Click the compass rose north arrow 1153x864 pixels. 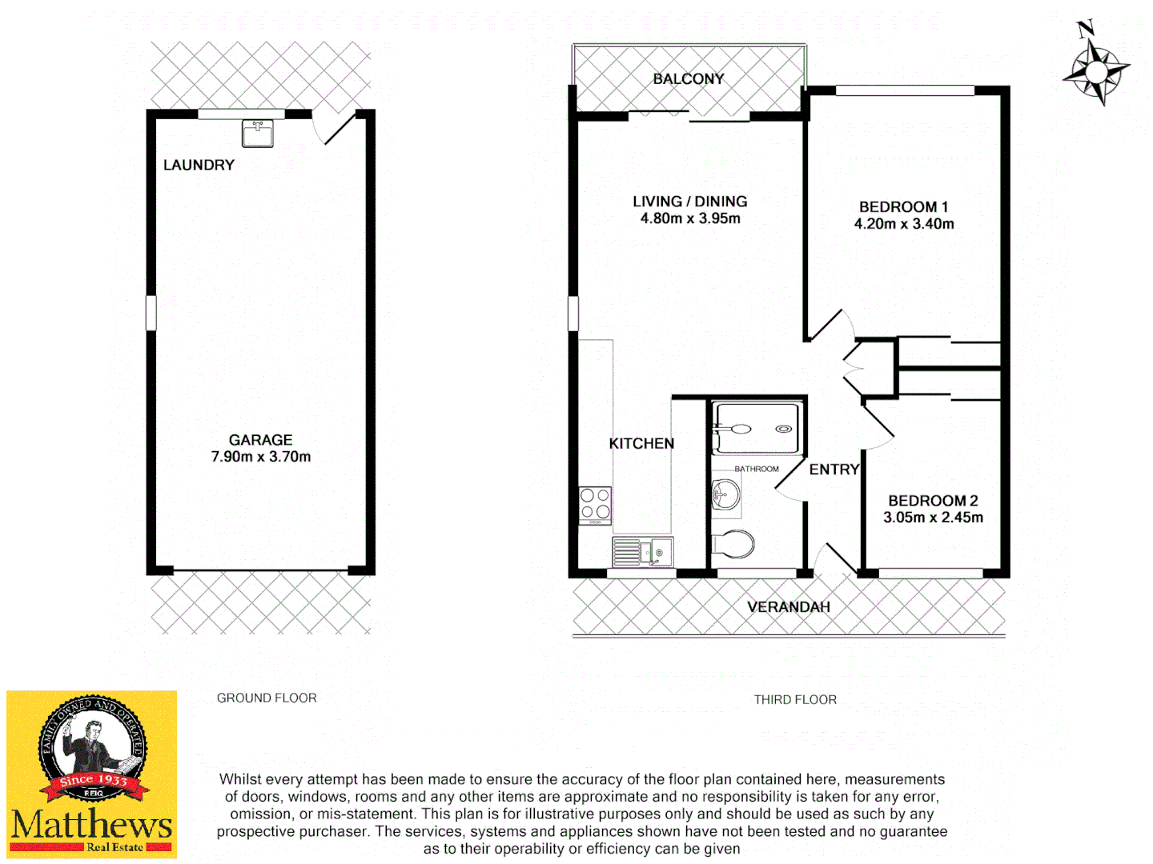pos(1096,68)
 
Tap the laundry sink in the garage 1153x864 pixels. pos(258,133)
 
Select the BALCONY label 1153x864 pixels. pos(689,78)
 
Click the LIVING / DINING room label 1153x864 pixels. pos(690,202)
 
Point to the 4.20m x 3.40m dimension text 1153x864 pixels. pos(904,224)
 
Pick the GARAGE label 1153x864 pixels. pos(261,440)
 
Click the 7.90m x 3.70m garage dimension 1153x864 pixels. pos(261,457)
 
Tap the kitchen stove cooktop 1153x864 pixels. pos(595,505)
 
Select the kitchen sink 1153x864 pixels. pos(643,551)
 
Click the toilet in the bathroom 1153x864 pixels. pos(733,545)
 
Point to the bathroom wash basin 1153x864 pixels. pos(726,494)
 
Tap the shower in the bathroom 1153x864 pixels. pos(756,428)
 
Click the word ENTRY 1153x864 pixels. pos(834,470)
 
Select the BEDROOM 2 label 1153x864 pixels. pos(933,501)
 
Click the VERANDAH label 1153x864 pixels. pos(789,607)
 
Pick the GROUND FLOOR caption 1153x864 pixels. pos(267,698)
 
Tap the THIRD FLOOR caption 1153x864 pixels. pos(795,700)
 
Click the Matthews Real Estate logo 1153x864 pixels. pos(92,774)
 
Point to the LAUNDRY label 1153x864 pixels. pos(199,165)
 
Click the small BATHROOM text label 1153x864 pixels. pos(757,469)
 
